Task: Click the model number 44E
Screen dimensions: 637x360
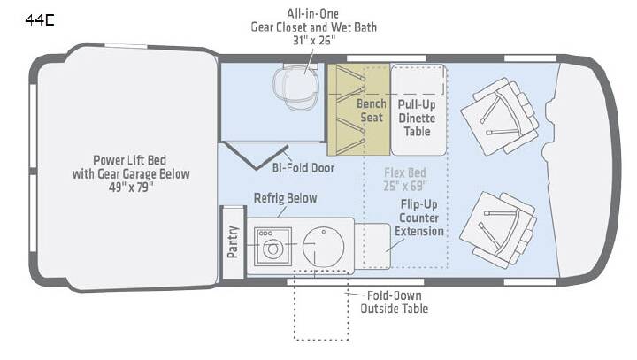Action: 40,20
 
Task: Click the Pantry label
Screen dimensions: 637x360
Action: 233,241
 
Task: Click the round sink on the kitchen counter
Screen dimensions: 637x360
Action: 324,247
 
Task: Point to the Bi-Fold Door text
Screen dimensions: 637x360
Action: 303,168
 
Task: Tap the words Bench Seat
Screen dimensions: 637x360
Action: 372,111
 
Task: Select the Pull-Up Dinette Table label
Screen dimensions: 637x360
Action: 417,118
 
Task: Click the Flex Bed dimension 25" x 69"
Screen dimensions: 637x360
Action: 405,186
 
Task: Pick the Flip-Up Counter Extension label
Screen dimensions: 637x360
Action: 418,218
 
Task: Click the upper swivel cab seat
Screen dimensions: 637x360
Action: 500,116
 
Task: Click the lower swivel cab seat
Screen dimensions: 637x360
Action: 498,230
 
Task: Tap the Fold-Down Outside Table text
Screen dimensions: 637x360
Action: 394,303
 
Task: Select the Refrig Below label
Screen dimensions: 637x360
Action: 285,198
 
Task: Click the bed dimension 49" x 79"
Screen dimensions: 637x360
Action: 131,188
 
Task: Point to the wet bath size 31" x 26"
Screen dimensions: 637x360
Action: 314,41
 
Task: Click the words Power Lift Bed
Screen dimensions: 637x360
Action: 129,160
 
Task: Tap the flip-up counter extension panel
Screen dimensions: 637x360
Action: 372,246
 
